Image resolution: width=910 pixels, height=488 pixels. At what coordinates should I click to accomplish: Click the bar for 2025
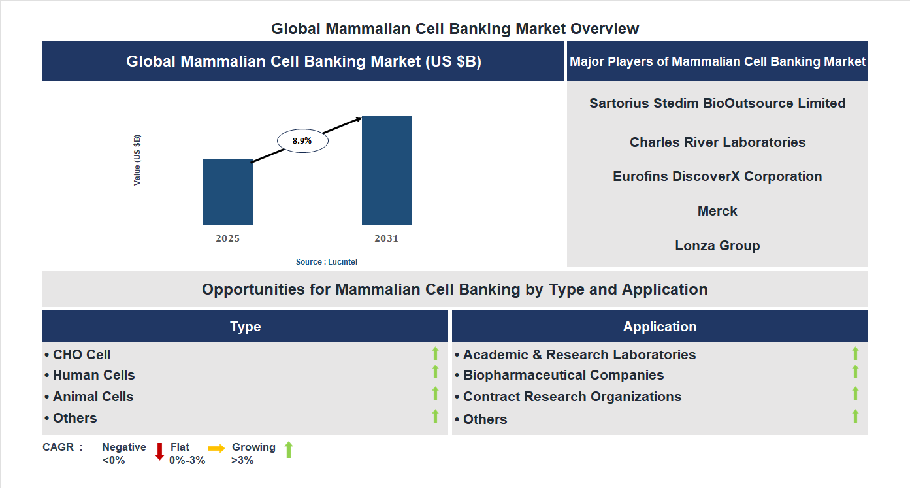(227, 192)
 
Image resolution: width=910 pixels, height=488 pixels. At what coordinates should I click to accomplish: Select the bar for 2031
(387, 171)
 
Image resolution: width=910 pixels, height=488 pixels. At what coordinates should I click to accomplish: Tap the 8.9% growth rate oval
(302, 140)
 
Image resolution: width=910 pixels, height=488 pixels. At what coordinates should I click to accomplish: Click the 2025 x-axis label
(227, 238)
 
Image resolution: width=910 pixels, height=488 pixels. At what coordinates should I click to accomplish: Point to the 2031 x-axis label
(386, 238)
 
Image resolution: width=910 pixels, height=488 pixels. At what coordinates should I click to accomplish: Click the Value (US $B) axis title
(137, 160)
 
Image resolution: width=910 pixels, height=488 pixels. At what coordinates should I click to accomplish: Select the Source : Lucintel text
(327, 261)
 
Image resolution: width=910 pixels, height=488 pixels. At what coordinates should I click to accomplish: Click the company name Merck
(717, 211)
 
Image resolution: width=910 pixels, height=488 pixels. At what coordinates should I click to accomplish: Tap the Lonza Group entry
(717, 246)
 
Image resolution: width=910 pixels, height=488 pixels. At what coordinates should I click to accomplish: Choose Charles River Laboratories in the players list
(717, 142)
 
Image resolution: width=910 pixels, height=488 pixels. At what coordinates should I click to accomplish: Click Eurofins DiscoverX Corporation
(717, 176)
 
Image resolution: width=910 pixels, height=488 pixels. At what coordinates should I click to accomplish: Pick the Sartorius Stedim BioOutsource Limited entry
(717, 103)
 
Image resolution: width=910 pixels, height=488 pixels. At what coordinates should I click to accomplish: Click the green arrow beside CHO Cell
(435, 353)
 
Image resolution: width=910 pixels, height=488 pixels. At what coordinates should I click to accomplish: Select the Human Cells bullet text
(93, 375)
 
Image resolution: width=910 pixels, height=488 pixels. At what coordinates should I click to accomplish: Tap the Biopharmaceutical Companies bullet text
(563, 375)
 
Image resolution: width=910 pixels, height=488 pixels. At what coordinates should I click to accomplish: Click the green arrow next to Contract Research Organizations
(855, 393)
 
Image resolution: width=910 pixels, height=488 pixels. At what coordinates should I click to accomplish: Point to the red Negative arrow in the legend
(159, 451)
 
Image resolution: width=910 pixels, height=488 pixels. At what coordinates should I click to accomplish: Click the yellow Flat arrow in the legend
(216, 448)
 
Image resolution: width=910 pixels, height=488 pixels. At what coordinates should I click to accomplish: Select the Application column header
(660, 327)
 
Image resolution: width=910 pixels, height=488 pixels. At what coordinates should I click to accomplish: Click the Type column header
(245, 327)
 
